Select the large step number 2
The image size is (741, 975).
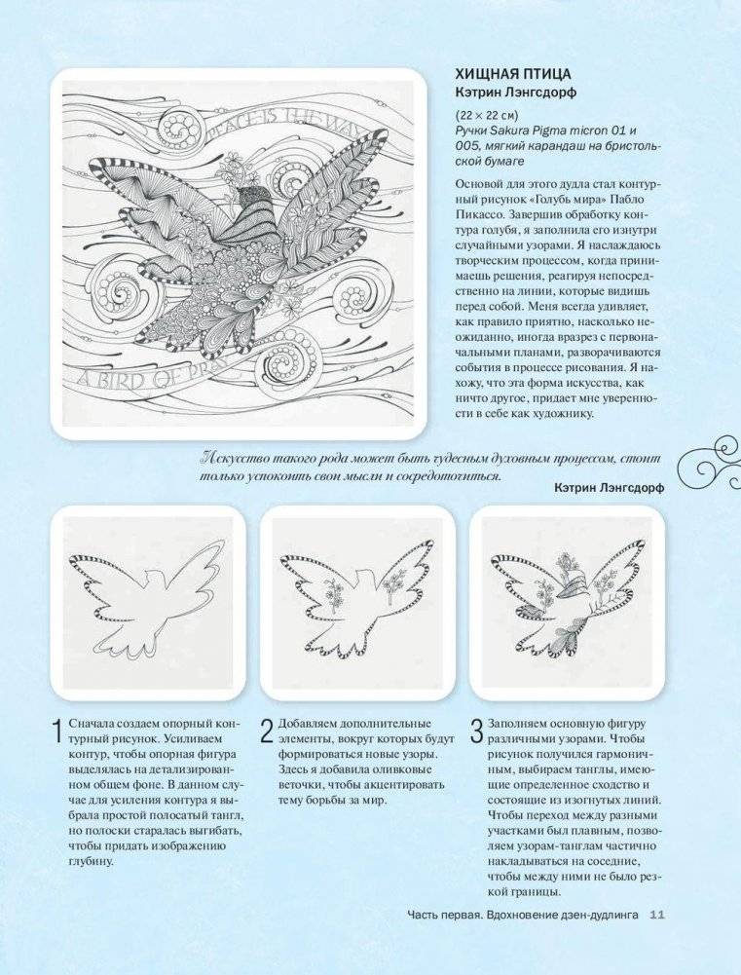pos(266,731)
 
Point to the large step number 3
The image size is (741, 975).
pos(476,731)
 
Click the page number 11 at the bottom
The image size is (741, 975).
pos(655,914)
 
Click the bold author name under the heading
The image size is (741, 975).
pos(514,93)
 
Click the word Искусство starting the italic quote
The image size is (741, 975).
pos(237,457)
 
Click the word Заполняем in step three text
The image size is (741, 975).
pos(521,725)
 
